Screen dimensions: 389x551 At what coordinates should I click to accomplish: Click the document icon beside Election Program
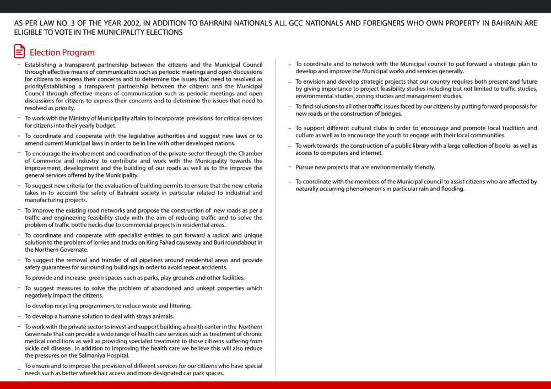pos(19,52)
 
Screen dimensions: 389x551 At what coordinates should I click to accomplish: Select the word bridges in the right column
pos(390,114)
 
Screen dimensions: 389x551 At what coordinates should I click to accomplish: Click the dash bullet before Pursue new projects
pos(290,167)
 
